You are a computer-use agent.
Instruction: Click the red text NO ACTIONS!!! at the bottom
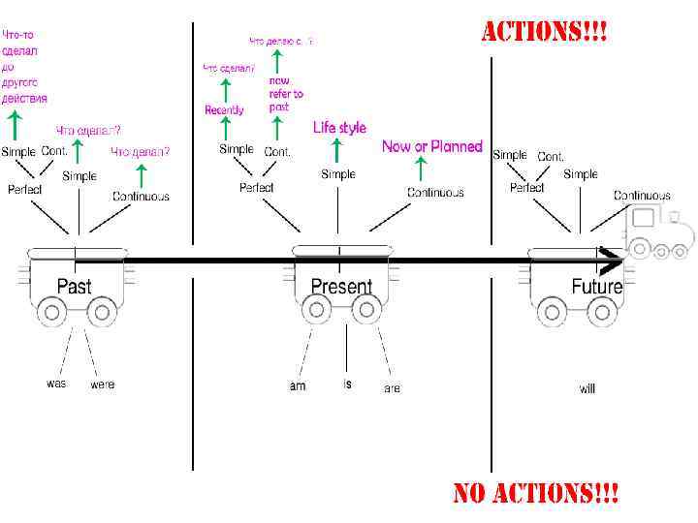tap(536, 493)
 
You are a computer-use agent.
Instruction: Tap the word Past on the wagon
tap(75, 287)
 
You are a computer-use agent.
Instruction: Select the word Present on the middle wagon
tap(341, 287)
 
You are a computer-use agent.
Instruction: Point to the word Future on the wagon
tap(596, 287)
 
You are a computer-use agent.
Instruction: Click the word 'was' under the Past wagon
tap(57, 384)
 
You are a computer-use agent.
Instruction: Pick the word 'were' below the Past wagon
tap(102, 385)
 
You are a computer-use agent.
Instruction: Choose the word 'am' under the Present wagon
tap(298, 386)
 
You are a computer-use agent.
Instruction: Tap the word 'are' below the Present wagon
tap(392, 388)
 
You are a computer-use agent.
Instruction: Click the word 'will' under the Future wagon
tap(587, 388)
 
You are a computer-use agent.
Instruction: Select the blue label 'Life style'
tap(339, 128)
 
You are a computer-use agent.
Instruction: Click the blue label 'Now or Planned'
tap(431, 147)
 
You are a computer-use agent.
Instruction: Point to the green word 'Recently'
tap(225, 110)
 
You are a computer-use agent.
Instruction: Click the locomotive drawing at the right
tap(660, 233)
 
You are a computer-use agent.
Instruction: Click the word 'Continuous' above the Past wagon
tap(141, 196)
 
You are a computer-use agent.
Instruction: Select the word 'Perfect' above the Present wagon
tap(257, 187)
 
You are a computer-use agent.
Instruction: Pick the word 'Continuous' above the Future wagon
tap(641, 196)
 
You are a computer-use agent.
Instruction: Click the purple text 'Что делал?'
tap(141, 152)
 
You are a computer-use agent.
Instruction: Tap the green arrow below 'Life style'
tap(336, 150)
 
